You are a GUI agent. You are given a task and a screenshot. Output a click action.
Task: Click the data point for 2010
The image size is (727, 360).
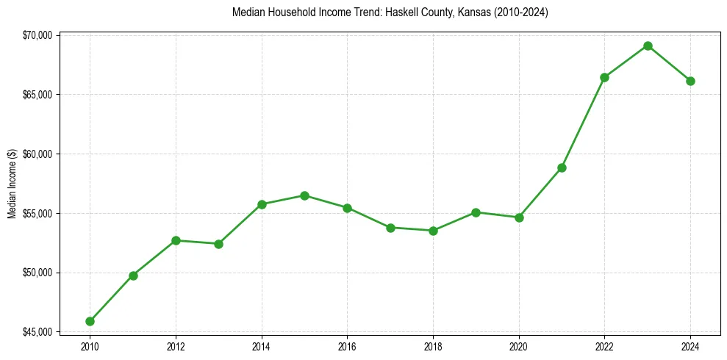pos(90,321)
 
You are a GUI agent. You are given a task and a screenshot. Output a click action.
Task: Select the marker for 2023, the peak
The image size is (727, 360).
pos(648,46)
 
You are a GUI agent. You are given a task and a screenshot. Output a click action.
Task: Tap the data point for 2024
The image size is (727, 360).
pos(690,81)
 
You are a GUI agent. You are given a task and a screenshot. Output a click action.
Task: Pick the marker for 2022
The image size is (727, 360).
pos(604,77)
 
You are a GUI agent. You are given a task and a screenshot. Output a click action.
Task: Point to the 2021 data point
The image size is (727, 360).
pos(562,168)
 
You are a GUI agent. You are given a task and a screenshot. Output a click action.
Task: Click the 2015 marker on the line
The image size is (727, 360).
pos(304,195)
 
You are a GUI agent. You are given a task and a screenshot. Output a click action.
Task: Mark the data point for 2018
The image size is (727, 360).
pos(433,231)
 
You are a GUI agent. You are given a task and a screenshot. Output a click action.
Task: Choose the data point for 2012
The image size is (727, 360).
pos(176,240)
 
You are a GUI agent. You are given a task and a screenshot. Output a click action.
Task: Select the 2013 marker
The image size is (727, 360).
pos(218,244)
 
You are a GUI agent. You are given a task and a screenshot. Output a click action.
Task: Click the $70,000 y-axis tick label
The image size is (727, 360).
pos(38,35)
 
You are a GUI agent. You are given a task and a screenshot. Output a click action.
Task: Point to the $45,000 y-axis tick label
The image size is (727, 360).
pos(38,332)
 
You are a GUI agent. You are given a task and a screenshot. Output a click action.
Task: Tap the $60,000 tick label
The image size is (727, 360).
pos(38,154)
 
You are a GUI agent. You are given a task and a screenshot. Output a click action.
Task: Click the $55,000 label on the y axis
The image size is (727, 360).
pos(38,214)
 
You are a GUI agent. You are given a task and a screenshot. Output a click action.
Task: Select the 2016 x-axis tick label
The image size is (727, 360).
pos(347,347)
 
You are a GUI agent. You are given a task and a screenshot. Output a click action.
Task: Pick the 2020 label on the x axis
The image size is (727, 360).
pos(519,347)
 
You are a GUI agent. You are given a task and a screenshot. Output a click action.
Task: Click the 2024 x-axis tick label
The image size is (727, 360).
pos(690,347)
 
